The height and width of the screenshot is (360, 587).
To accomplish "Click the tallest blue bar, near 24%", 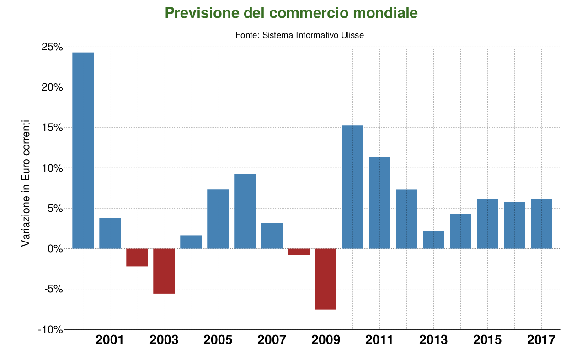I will pos(83,150).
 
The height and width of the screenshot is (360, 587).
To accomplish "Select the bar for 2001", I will pos(110,233).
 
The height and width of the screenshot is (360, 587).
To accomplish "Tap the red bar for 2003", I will pos(164,271).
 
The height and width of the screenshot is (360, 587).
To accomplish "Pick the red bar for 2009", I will pos(326,279).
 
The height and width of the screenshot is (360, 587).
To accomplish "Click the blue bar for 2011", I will pos(379,203).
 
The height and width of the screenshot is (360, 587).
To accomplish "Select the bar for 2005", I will pos(218,219).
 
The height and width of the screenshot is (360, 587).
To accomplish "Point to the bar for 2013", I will pos(433,240).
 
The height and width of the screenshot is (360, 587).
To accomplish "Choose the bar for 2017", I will pos(541,224).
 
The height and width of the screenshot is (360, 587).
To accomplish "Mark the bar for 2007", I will pos(272,236).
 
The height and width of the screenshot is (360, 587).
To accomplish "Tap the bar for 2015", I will pos(487,224).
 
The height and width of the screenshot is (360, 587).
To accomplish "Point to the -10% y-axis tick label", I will pos(50,329).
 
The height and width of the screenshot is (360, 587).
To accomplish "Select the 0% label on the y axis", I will pos(54,249).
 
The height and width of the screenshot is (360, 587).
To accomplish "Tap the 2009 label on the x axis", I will pos(326,340).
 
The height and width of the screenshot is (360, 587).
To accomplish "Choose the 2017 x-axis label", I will pos(541,340).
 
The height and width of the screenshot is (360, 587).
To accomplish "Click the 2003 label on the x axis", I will pos(164,340).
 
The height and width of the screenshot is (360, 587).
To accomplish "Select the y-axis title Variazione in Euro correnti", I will pos(26,183).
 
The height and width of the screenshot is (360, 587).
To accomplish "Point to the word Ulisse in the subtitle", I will pos(352,35).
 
